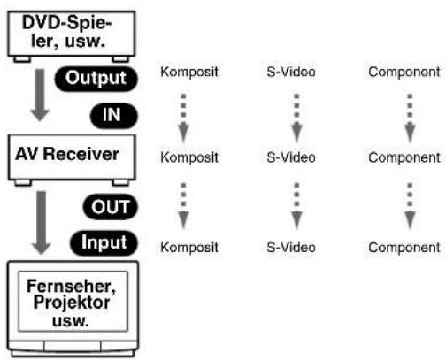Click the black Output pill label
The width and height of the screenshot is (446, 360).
pyautogui.click(x=96, y=79)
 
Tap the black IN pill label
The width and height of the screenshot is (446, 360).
pyautogui.click(x=114, y=115)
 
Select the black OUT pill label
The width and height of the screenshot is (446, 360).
pyautogui.click(x=111, y=207)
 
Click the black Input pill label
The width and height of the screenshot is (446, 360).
pyautogui.click(x=104, y=242)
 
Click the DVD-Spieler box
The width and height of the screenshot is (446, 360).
pyautogui.click(x=72, y=36)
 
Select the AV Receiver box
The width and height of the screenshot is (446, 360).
pyautogui.click(x=72, y=159)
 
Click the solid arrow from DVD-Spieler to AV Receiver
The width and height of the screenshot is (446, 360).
pyautogui.click(x=40, y=95)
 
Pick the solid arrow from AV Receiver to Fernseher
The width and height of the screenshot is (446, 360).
pyautogui.click(x=42, y=223)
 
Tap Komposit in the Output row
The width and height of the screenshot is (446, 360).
pyautogui.click(x=189, y=73)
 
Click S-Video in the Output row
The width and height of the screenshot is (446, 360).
pyautogui.click(x=291, y=72)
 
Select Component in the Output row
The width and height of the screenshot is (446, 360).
pyautogui.click(x=404, y=73)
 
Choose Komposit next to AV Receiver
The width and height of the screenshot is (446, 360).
pyautogui.click(x=189, y=157)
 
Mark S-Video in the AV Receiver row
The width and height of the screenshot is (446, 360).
pyautogui.click(x=291, y=157)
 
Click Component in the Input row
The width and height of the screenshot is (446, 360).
pyautogui.click(x=404, y=248)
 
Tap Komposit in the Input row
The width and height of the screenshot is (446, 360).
pyautogui.click(x=189, y=248)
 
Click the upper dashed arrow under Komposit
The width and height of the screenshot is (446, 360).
pyautogui.click(x=183, y=118)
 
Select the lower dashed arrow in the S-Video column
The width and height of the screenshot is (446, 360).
pyautogui.click(x=296, y=206)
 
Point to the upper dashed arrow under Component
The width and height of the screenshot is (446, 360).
pyautogui.click(x=410, y=118)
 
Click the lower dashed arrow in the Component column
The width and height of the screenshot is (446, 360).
pyautogui.click(x=410, y=206)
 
